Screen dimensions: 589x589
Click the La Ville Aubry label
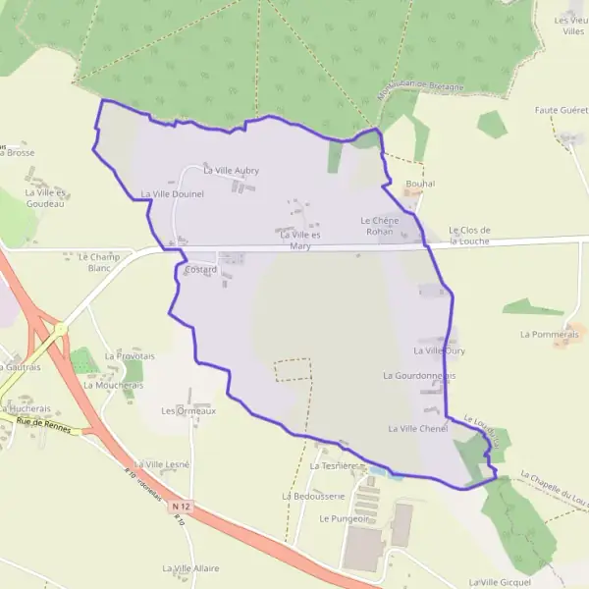(x=231, y=171)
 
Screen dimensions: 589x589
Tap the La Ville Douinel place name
(x=172, y=194)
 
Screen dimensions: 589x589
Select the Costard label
(x=200, y=269)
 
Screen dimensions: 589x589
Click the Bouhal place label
(x=419, y=184)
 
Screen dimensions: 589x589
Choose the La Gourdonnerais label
(x=419, y=375)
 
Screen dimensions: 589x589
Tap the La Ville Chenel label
(x=417, y=429)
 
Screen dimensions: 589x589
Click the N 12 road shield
(x=178, y=507)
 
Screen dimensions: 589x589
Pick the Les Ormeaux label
(x=187, y=410)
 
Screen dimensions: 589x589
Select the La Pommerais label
(x=549, y=334)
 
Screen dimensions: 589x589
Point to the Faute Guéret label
(x=561, y=111)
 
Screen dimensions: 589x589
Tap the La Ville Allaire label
(x=191, y=568)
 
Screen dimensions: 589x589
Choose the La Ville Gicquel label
(x=501, y=581)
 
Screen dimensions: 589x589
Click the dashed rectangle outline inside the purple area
(x=293, y=369)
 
